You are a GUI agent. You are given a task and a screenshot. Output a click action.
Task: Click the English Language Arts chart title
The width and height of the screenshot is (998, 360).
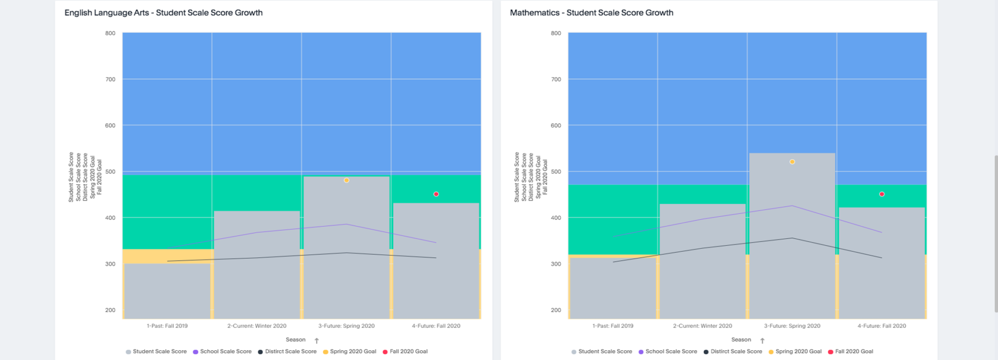pos(163,13)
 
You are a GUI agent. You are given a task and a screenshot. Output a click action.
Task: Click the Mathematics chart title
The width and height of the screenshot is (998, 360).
pos(591,13)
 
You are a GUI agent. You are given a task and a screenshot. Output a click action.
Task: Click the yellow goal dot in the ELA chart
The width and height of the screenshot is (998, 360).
pos(346,180)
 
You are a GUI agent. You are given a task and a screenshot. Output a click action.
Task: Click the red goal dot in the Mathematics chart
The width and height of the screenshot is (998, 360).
pos(882,194)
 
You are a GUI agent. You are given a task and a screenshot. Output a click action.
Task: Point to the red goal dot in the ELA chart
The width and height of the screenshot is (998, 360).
pos(436,194)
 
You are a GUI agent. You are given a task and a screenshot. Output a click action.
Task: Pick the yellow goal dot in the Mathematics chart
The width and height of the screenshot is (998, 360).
pos(792,162)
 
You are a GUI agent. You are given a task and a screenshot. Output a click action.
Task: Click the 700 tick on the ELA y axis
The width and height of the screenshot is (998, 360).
pos(111,79)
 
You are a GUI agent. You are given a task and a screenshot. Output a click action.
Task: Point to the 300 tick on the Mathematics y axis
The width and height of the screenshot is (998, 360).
pos(556,264)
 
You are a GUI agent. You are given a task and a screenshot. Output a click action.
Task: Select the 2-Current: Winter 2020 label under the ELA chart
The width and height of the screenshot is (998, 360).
pos(257,326)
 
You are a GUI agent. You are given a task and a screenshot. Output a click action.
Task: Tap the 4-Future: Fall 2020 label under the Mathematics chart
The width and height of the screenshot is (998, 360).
pos(882,326)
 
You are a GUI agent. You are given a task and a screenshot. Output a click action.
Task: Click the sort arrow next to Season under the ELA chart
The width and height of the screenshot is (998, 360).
pos(317,341)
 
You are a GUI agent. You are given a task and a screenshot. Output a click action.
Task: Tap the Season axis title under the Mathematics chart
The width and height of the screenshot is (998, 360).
pos(741,340)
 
